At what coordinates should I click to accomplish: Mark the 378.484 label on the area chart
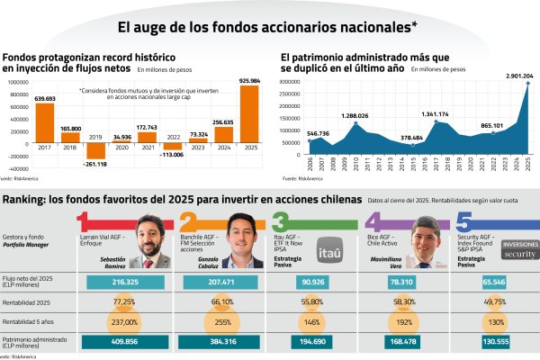(411, 139)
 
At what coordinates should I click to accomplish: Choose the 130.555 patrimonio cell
(490, 341)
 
